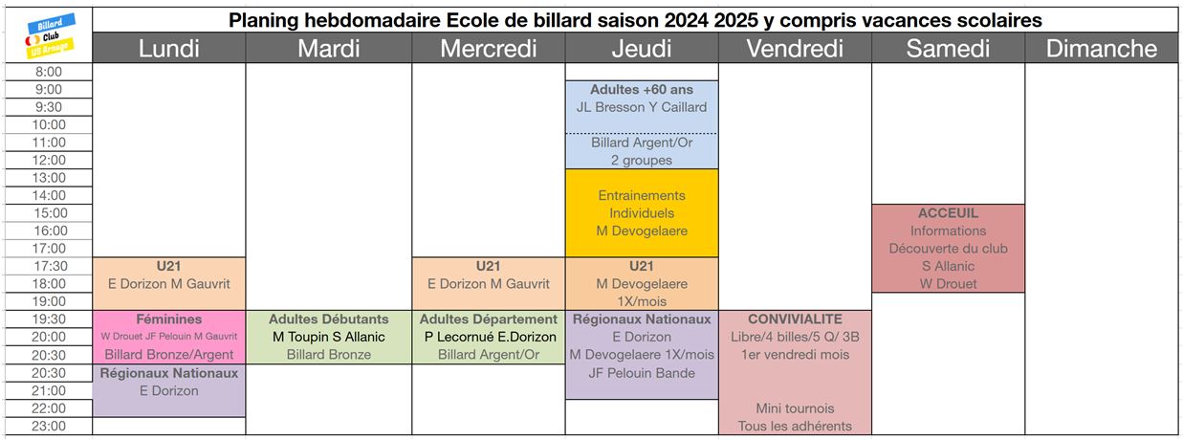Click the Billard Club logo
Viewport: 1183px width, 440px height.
50,36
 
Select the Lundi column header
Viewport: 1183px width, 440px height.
169,49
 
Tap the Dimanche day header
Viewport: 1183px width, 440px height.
1102,49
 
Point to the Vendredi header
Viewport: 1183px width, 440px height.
795,49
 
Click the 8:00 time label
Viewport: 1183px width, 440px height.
49,72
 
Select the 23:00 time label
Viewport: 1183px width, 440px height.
49,427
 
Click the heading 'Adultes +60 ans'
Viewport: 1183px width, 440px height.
642,90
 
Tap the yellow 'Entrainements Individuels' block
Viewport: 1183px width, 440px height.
642,213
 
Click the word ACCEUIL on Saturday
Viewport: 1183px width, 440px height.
948,213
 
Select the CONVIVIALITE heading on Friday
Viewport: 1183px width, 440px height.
795,319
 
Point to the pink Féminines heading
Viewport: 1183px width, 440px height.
169,319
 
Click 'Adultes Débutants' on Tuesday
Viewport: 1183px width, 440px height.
328,319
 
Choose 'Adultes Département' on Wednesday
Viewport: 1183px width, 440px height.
489,319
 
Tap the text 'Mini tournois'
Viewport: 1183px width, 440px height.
795,408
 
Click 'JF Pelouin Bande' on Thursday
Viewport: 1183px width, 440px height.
642,373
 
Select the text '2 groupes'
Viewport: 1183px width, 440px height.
642,160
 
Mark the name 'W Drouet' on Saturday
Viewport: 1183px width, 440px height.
948,284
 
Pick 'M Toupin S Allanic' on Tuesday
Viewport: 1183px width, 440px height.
328,337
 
